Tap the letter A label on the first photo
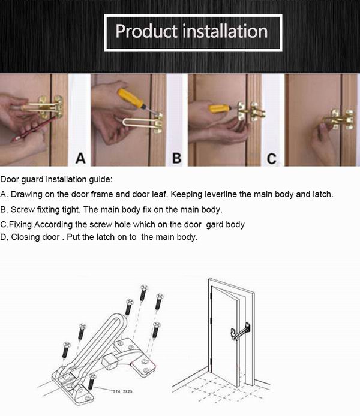click(80, 158)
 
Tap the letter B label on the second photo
click(177, 158)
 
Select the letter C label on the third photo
click(272, 158)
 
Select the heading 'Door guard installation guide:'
click(56, 179)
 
